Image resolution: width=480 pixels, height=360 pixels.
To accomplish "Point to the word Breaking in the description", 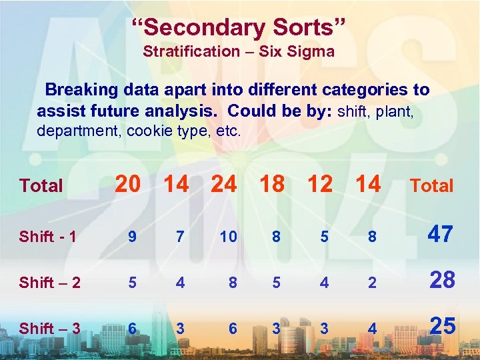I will (x=79, y=89).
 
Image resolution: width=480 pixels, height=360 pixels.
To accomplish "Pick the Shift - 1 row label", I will (x=47, y=237).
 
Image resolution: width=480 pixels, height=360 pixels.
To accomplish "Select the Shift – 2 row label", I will (x=50, y=283).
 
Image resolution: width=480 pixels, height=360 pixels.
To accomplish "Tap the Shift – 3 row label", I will (x=50, y=328).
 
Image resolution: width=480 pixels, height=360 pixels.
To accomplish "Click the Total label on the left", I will (x=41, y=186).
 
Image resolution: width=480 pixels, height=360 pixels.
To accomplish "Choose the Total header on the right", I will (x=431, y=186).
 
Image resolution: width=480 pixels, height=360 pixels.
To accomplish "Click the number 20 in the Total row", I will (x=128, y=183).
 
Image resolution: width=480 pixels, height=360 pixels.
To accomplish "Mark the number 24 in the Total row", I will (x=223, y=183).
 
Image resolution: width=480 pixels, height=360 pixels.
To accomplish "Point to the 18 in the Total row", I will (x=271, y=183).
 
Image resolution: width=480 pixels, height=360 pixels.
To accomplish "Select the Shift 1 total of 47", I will (x=441, y=234).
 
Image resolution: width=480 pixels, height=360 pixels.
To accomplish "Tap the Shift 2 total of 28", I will (x=441, y=280).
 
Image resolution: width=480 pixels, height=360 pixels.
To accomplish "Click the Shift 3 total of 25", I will (x=441, y=325).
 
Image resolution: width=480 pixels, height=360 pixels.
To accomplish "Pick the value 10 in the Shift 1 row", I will (x=228, y=237).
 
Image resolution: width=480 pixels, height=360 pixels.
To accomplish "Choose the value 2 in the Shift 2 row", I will (x=372, y=283).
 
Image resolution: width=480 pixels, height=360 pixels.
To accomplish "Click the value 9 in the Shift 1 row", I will (x=133, y=237).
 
